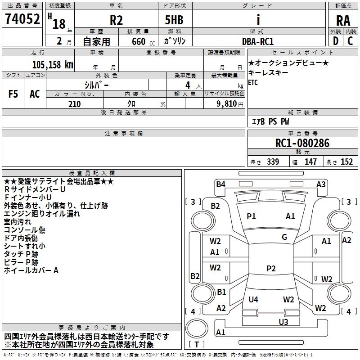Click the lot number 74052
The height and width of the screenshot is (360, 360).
(22, 18)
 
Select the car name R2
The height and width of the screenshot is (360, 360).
(116, 20)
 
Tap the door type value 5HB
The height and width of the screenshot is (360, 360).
(174, 20)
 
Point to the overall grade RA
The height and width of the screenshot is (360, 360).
(343, 21)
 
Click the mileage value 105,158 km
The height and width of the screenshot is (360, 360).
(53, 65)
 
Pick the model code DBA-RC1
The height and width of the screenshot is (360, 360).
(258, 41)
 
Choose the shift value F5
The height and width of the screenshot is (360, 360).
(13, 94)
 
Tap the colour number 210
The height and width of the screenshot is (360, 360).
(75, 104)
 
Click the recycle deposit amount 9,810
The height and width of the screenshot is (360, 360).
(227, 104)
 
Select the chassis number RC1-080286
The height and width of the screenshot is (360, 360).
(302, 143)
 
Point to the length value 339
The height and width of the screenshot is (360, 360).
(273, 162)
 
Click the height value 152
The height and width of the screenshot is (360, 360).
(346, 162)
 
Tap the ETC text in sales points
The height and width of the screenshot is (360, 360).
(253, 82)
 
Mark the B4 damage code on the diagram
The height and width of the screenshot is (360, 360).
(220, 184)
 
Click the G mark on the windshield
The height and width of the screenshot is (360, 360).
(284, 237)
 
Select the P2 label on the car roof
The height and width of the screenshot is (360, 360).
(271, 268)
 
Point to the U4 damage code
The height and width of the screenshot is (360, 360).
(253, 299)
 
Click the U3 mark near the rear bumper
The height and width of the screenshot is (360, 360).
(283, 322)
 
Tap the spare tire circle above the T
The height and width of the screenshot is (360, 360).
(197, 328)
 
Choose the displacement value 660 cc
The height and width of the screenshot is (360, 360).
(143, 42)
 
